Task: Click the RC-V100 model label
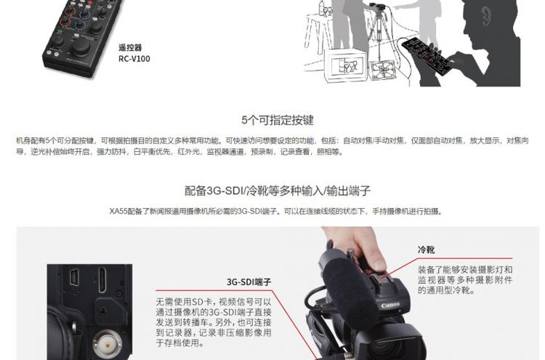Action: pyautogui.click(x=134, y=58)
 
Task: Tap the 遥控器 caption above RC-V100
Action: pyautogui.click(x=130, y=47)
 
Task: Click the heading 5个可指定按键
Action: pyautogui.click(x=278, y=120)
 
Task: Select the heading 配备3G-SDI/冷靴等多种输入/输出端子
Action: pyautogui.click(x=278, y=191)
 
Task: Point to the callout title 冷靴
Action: pyautogui.click(x=426, y=249)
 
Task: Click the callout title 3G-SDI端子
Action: pyautogui.click(x=249, y=281)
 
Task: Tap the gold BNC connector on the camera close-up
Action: pyautogui.click(x=107, y=345)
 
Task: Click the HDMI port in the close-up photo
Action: pyautogui.click(x=103, y=280)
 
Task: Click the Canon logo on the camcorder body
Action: pyautogui.click(x=390, y=305)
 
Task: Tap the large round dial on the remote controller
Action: pyautogui.click(x=81, y=47)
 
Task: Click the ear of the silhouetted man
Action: pyautogui.click(x=486, y=17)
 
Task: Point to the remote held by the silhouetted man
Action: pyautogui.click(x=427, y=56)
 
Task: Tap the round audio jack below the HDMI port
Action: pyautogui.click(x=102, y=311)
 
